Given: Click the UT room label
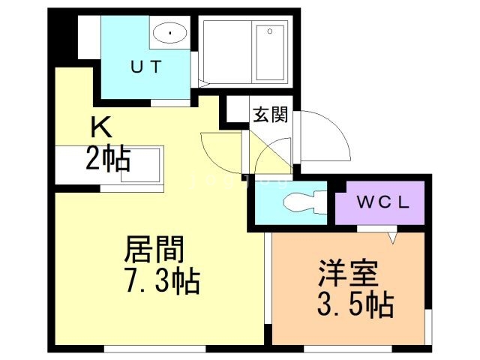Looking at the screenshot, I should point(146,67).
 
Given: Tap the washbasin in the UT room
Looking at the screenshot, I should point(172,33).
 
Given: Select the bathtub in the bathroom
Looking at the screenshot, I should point(271,52).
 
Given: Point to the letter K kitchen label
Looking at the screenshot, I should point(103,126).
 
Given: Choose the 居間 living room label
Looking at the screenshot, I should point(154,248).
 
